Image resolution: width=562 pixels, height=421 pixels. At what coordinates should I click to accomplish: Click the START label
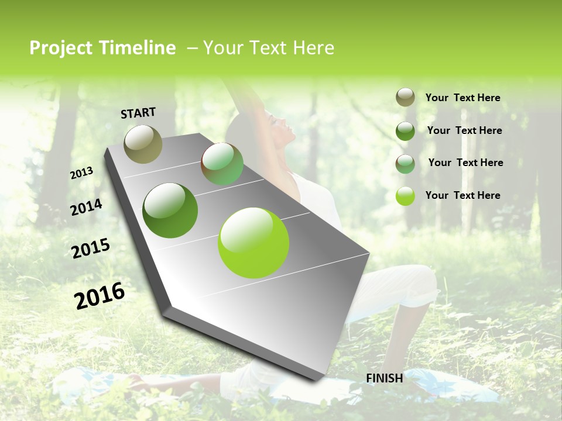coord(138,112)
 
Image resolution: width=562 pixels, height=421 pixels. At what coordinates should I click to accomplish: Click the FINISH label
coord(385,378)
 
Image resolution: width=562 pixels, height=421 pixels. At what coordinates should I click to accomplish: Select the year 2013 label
coord(82,172)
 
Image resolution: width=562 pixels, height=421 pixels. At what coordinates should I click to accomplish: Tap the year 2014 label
coord(87,207)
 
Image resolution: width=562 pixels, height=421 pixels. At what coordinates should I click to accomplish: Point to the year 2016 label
coord(100,295)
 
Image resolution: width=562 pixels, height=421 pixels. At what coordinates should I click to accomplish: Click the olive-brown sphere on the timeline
coord(143,144)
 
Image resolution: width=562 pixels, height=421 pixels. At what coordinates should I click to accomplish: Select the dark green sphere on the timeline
coord(170,210)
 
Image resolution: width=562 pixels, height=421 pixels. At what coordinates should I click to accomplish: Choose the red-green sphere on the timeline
coord(222,164)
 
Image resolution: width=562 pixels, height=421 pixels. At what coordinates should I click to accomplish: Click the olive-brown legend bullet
coord(405,98)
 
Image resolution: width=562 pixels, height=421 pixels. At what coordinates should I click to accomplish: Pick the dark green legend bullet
coord(405,131)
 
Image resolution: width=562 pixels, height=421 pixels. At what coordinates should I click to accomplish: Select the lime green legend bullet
coord(405,196)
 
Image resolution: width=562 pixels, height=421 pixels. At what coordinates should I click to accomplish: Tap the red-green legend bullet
coord(405,163)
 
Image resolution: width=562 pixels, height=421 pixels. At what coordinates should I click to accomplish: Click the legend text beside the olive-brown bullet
coord(462,98)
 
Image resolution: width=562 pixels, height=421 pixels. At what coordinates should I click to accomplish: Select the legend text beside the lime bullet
coord(462,195)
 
